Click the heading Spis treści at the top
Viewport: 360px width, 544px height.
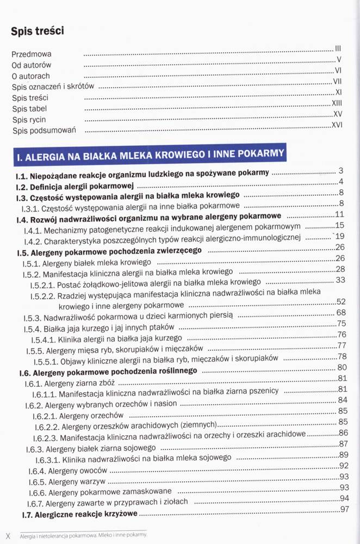coord(38,31)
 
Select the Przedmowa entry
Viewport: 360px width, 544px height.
coord(32,54)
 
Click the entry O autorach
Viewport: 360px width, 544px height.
coord(30,76)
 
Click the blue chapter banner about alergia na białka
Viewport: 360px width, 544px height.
coord(149,155)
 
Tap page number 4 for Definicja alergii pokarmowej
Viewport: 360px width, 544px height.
coord(340,181)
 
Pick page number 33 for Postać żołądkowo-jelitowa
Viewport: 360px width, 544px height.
coord(341,280)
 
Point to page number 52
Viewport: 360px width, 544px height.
coord(341,301)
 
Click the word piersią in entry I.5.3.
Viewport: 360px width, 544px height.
coord(219,315)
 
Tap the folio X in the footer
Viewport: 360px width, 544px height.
coord(8,535)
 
